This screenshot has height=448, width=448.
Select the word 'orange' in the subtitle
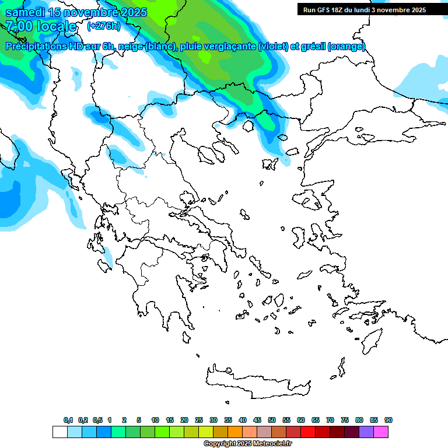pyautogui.click(x=346, y=47)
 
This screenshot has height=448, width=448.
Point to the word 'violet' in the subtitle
pyautogui.click(x=273, y=47)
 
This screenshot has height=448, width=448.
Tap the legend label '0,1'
pyautogui.click(x=68, y=420)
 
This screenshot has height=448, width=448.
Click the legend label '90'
pyautogui.click(x=388, y=420)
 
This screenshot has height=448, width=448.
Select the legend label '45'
pyautogui.click(x=257, y=420)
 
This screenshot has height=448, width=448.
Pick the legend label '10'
pyautogui.click(x=155, y=420)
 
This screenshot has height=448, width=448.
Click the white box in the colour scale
pyautogui.click(x=60, y=432)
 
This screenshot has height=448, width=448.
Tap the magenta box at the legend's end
pyautogui.click(x=381, y=432)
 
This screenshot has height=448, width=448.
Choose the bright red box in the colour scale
pyautogui.click(x=308, y=432)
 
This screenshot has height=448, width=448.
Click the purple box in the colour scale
pyautogui.click(x=366, y=432)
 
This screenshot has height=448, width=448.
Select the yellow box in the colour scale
pyautogui.click(x=206, y=432)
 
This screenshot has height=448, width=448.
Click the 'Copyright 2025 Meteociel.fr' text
pyautogui.click(x=247, y=444)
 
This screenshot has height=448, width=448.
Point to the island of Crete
pyautogui.click(x=257, y=381)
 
